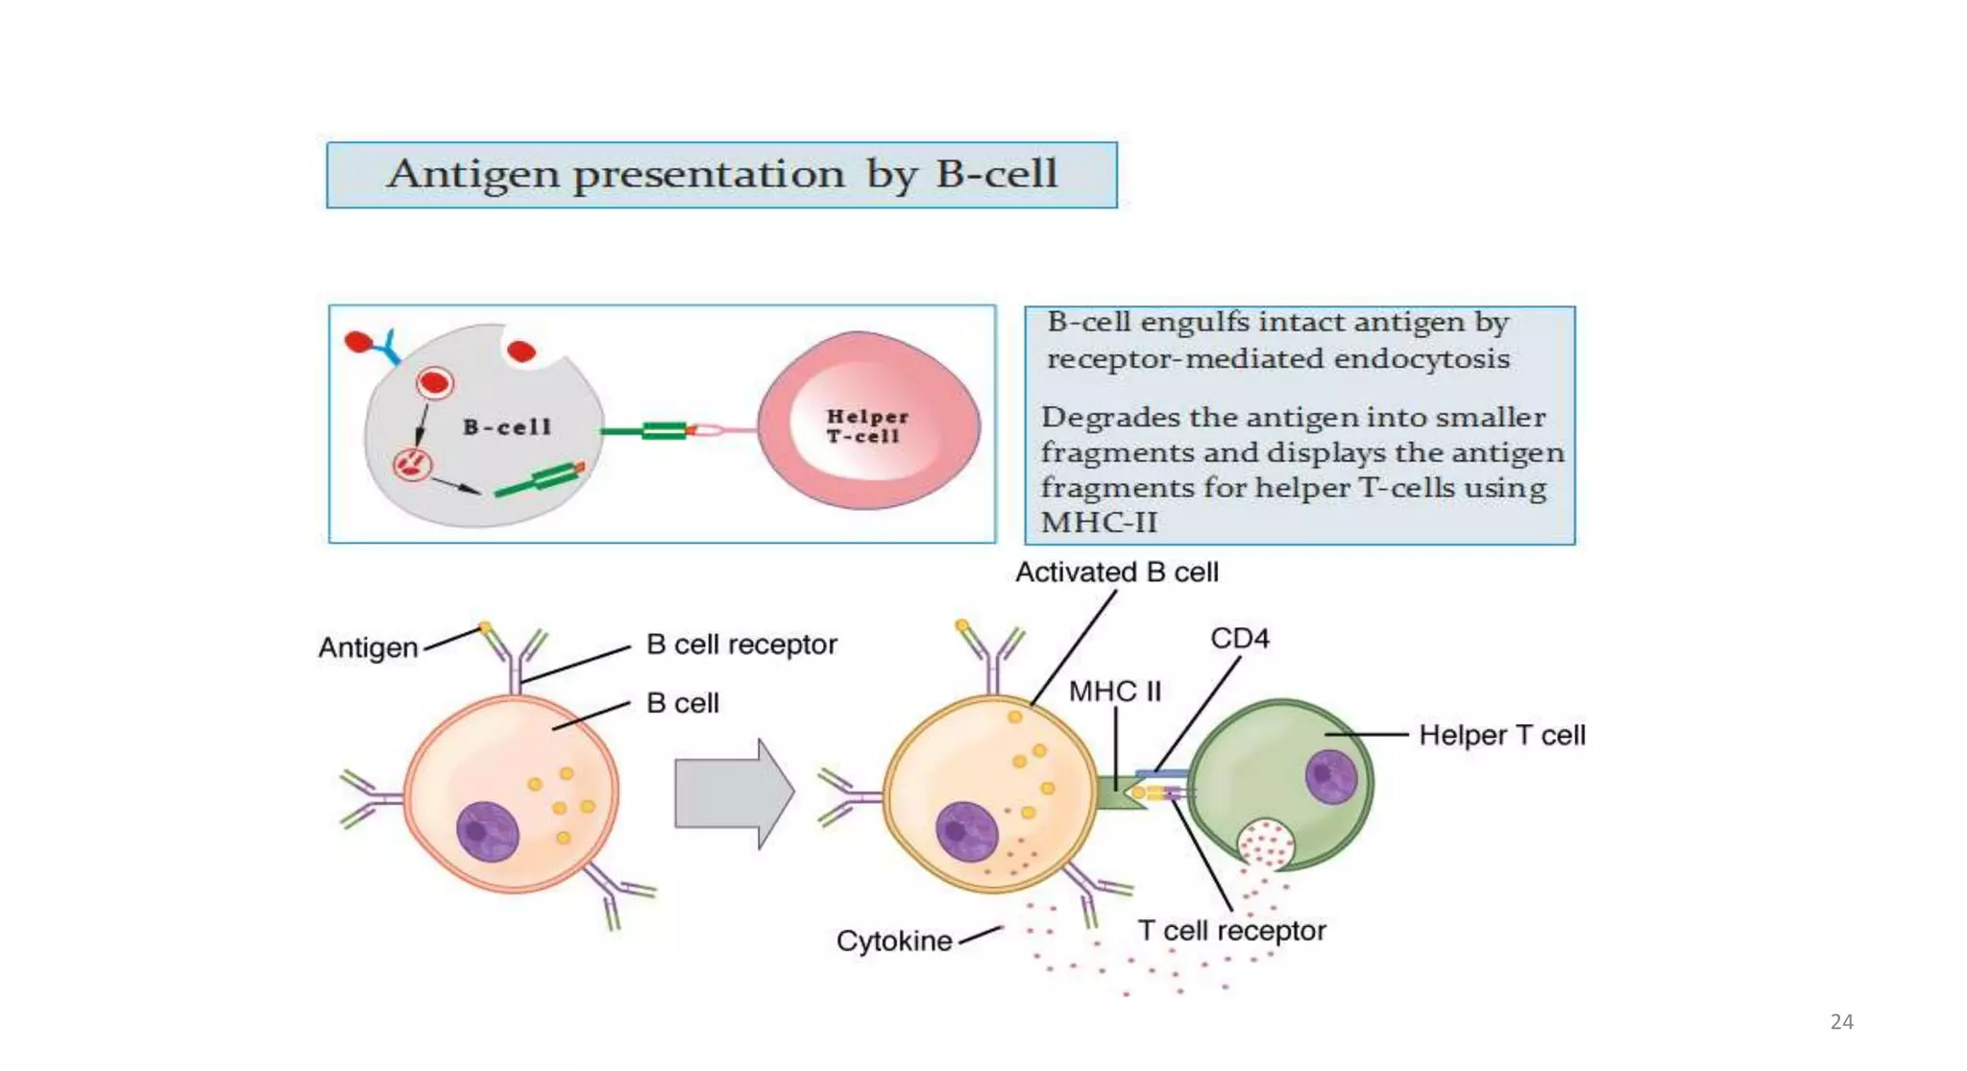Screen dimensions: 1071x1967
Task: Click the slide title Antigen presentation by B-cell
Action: tap(721, 175)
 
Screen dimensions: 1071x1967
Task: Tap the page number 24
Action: tap(1841, 1022)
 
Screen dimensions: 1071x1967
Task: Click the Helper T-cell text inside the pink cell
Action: tap(866, 426)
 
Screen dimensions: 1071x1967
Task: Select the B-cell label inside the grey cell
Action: tap(507, 427)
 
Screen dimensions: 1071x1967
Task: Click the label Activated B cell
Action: tap(1116, 572)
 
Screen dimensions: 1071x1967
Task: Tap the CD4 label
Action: tap(1239, 639)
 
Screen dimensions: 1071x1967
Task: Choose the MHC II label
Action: tap(1114, 692)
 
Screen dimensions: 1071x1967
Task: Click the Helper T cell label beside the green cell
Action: tap(1501, 736)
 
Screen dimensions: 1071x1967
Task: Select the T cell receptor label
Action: tap(1230, 931)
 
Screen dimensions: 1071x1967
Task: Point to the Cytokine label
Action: tap(893, 941)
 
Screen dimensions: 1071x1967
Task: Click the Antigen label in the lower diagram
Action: tap(368, 648)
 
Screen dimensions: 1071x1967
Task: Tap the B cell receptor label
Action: tap(741, 645)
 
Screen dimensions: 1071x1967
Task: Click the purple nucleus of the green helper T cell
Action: tap(1330, 776)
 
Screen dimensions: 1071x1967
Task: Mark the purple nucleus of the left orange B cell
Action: tap(487, 832)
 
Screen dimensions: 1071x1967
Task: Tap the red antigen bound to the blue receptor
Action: tap(358, 341)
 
